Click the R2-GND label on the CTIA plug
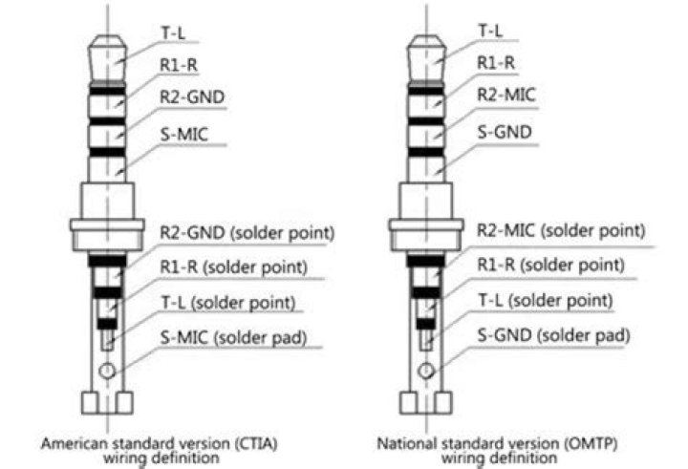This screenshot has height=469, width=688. point(192,97)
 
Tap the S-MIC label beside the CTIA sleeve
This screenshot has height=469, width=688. point(184,135)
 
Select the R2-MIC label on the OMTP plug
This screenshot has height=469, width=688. point(506,95)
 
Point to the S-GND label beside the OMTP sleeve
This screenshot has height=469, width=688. point(505,132)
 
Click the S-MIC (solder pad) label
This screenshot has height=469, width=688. point(233,337)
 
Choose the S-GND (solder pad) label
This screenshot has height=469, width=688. point(553,335)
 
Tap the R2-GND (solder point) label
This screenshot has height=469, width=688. point(247,232)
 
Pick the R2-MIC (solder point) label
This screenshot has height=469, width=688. point(561,230)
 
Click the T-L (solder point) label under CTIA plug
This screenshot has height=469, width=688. point(228,303)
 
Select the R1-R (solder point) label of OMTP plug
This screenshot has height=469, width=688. point(550,265)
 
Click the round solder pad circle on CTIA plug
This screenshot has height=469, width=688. point(107,372)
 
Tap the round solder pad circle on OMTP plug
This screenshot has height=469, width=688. point(425,371)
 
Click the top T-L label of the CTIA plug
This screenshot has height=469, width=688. point(173,32)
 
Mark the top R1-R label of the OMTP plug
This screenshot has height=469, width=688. point(496,63)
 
